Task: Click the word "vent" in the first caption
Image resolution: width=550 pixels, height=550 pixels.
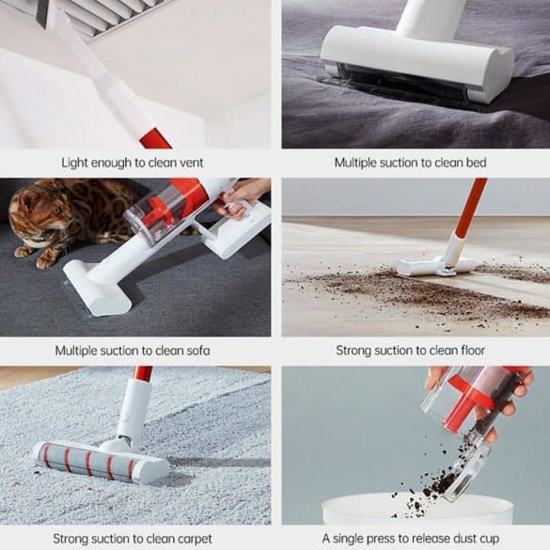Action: (191, 163)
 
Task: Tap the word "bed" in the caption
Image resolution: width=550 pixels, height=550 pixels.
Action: (476, 163)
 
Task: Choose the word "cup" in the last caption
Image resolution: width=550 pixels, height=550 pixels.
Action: (488, 539)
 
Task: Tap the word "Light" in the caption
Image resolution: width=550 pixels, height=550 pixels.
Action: (74, 163)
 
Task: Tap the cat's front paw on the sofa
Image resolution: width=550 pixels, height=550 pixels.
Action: (46, 261)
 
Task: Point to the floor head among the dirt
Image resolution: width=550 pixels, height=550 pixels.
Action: (435, 266)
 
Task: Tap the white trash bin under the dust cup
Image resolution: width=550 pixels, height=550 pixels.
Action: (417, 510)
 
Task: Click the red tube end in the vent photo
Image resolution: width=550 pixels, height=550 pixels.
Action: (155, 139)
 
